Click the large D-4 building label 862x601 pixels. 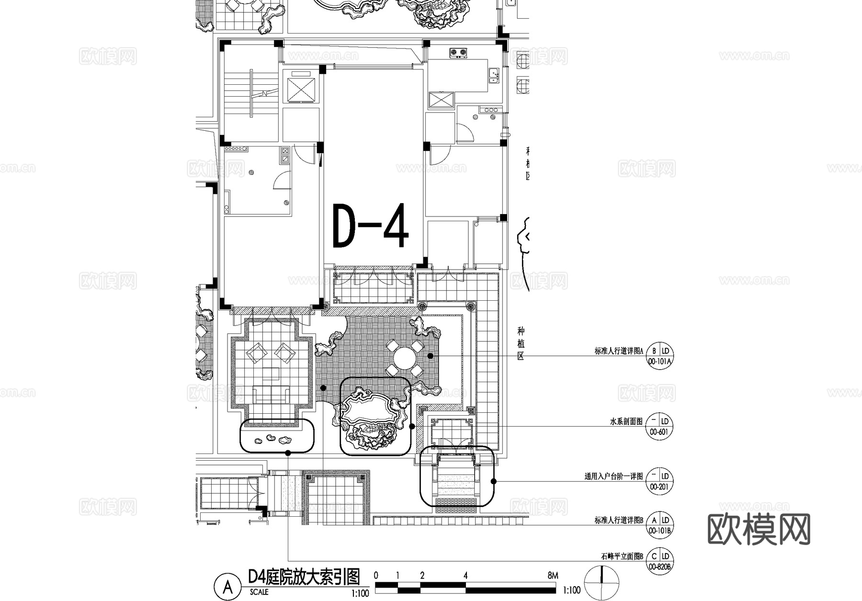(371, 227)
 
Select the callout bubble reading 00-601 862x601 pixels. (659, 427)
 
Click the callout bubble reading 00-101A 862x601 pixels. (659, 356)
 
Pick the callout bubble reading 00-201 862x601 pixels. (659, 481)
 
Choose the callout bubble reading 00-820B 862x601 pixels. (659, 561)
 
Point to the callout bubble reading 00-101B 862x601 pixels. (659, 525)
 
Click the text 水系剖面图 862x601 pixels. (626, 422)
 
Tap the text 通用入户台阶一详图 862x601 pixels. (613, 476)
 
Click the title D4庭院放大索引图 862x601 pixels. (304, 577)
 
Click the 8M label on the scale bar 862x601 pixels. (552, 576)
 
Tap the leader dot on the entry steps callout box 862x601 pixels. (494, 481)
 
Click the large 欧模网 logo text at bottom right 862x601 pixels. (759, 529)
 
